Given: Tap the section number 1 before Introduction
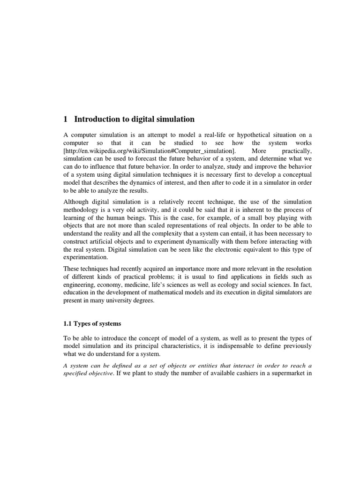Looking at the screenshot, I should coord(66,119).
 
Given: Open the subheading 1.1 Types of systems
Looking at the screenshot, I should coord(92,323).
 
